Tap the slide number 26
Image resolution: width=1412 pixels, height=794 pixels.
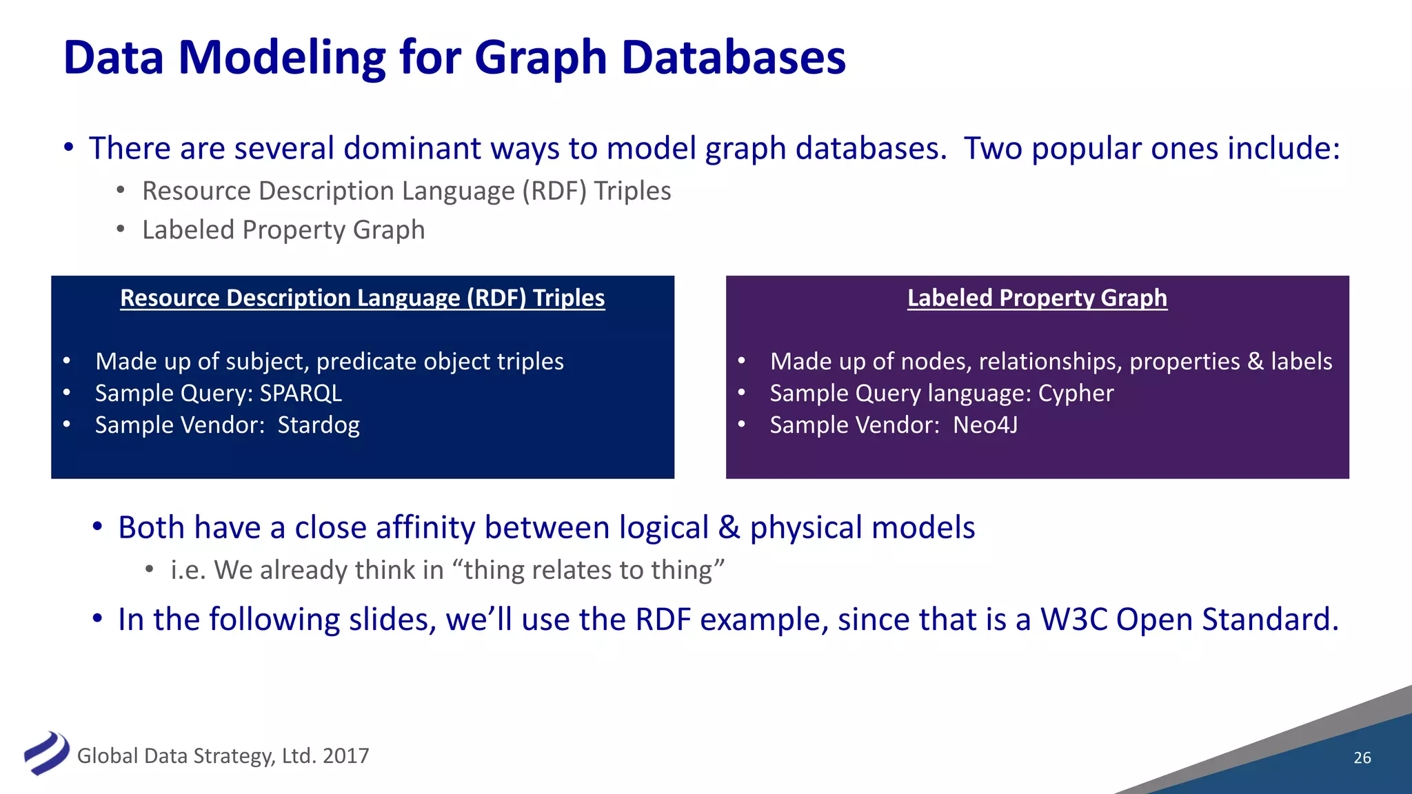coord(1362,757)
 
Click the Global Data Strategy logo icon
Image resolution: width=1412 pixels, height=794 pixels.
coord(46,753)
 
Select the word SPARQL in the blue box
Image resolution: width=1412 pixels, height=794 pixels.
coord(301,393)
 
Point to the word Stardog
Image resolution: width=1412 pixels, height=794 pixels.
coord(319,425)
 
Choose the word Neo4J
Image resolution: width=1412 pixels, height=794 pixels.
coord(985,425)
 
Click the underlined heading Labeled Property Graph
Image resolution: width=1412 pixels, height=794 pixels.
coord(1037,298)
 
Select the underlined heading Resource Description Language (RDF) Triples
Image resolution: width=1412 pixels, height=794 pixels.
coord(362,298)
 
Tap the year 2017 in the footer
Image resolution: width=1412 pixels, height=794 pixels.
coord(345,756)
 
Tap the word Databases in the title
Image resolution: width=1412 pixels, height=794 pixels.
coord(734,58)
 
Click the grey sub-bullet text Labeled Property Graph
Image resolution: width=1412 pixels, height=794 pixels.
coord(283,230)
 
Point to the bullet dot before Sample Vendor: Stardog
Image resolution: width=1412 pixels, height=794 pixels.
coord(67,425)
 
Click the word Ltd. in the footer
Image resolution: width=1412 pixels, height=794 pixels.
coord(299,756)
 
